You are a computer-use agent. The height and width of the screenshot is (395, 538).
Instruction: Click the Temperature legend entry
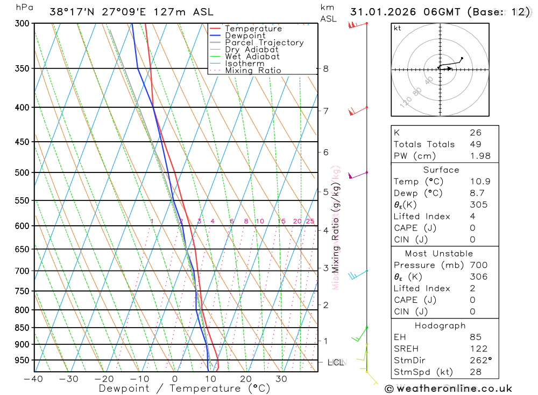(x=253, y=29)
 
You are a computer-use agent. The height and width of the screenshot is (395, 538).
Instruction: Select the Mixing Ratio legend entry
(x=253, y=71)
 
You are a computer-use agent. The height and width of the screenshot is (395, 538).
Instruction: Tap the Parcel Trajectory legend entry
(x=264, y=43)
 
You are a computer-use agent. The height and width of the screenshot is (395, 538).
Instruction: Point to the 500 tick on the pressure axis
(x=23, y=172)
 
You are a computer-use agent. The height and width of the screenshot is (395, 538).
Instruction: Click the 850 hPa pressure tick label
(x=23, y=328)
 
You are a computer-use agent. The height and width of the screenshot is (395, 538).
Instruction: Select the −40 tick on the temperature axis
(x=33, y=379)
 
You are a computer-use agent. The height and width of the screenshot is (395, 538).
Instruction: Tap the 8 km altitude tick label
(x=325, y=68)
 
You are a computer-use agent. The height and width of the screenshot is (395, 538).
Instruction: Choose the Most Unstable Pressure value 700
(x=478, y=265)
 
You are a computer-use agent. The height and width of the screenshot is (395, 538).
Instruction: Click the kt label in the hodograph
(x=398, y=28)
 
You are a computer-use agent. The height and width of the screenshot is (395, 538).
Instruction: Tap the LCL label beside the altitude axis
(x=336, y=362)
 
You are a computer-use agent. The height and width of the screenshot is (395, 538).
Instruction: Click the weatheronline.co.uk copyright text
(x=448, y=388)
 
